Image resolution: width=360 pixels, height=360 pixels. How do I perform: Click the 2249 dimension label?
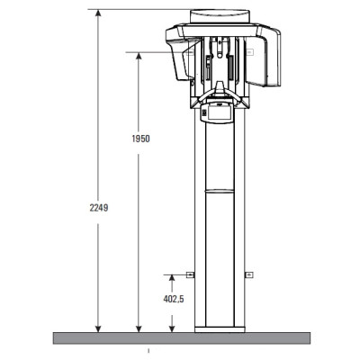(x=99, y=208)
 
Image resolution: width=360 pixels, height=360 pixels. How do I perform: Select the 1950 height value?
(x=140, y=139)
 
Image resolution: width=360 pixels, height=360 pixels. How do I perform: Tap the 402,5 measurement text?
(x=174, y=299)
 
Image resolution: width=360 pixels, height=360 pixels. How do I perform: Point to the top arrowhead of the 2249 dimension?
(x=98, y=13)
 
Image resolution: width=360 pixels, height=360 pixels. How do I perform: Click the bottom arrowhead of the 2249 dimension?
(x=98, y=328)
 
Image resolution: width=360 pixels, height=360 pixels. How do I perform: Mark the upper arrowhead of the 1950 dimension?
(x=139, y=57)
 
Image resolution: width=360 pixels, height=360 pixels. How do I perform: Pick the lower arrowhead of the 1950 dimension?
(x=139, y=328)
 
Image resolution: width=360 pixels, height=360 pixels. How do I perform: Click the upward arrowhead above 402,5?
(x=172, y=278)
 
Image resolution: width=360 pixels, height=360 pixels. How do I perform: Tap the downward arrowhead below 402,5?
(x=172, y=328)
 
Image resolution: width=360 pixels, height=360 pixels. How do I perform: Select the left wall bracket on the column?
(x=190, y=274)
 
